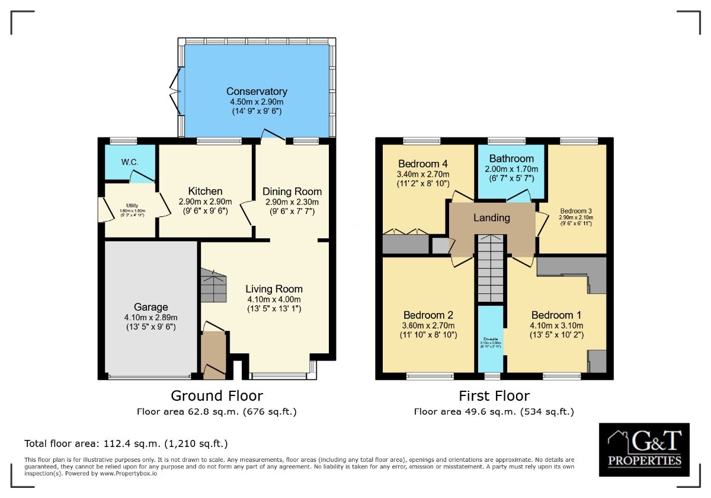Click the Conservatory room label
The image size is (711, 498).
(x=257, y=91)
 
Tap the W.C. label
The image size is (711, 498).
(x=130, y=162)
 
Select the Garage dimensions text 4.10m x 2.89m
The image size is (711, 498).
(x=150, y=318)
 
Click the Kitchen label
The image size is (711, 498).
(x=205, y=191)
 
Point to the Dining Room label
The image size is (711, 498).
(x=292, y=191)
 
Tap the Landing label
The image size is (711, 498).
(x=491, y=218)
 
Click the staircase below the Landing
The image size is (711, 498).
(x=490, y=267)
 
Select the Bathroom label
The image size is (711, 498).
(x=511, y=158)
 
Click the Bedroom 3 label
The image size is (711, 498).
(x=576, y=211)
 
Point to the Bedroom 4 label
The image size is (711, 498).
(x=423, y=164)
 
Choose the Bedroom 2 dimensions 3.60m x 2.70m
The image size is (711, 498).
(x=428, y=325)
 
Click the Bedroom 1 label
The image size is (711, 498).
(x=556, y=315)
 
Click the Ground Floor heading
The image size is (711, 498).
(x=216, y=395)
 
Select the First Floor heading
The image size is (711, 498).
(x=494, y=395)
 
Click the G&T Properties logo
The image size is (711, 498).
(x=644, y=449)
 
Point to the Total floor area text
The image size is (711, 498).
(x=126, y=443)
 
